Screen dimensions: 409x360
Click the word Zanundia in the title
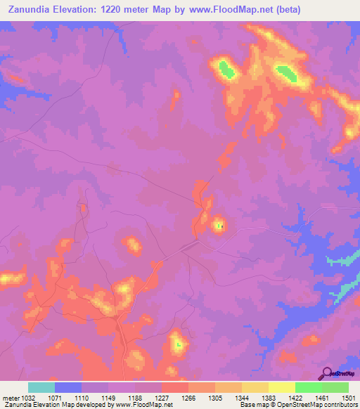29,9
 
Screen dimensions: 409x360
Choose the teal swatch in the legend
41,387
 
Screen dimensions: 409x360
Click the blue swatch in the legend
68,387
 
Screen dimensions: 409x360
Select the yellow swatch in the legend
281,387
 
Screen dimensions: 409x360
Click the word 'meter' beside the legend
10,397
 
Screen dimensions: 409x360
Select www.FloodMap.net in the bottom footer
143,405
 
